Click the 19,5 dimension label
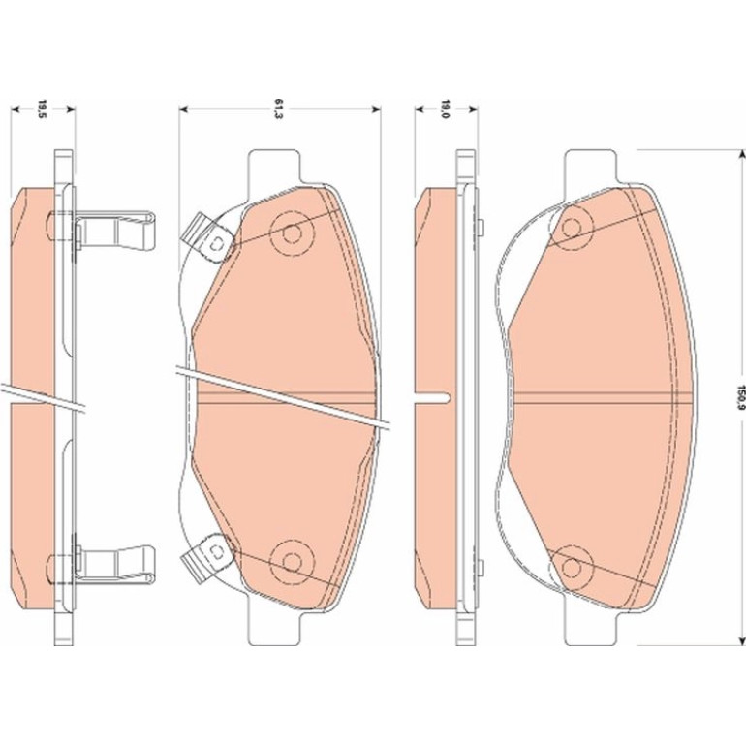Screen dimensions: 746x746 tap(42, 109)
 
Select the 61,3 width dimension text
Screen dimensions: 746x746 tap(279, 109)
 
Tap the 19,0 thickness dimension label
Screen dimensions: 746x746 tap(445, 109)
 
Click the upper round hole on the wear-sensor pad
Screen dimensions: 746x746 tap(293, 233)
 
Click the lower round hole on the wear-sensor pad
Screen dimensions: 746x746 tap(293, 562)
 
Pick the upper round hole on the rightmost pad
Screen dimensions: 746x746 tap(571, 228)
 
